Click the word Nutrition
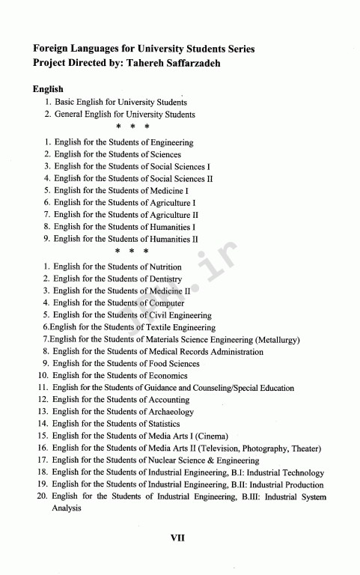[x=166, y=267]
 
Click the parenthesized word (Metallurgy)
[x=277, y=339]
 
